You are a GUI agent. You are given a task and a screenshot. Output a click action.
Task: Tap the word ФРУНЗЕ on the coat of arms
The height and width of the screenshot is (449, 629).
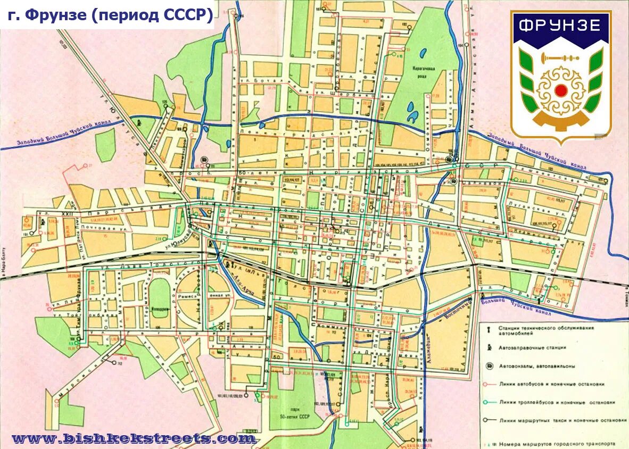560,26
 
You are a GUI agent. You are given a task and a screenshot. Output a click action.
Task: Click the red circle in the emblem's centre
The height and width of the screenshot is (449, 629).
560,90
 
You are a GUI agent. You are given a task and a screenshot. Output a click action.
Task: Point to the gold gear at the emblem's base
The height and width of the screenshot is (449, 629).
560,121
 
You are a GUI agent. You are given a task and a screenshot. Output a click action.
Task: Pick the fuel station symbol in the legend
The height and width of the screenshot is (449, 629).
489,347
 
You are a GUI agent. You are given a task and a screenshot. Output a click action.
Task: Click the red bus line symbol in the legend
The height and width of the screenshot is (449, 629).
489,384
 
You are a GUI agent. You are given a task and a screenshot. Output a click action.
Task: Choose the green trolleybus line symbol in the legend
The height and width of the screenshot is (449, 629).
489,403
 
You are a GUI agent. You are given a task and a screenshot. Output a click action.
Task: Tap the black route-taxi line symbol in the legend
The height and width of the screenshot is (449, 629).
489,420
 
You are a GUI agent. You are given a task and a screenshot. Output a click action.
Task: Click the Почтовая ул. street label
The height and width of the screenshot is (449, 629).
106,229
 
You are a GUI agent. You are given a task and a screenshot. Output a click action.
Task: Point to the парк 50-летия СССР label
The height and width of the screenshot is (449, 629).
290,413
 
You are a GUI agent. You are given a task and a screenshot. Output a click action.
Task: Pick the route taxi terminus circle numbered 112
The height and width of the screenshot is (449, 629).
114,363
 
